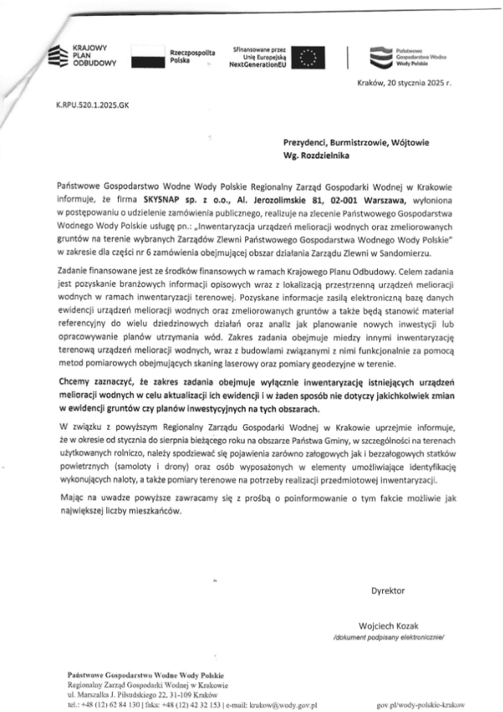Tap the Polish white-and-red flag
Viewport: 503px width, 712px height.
[148, 56]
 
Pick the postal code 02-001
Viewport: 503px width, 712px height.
[326, 197]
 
